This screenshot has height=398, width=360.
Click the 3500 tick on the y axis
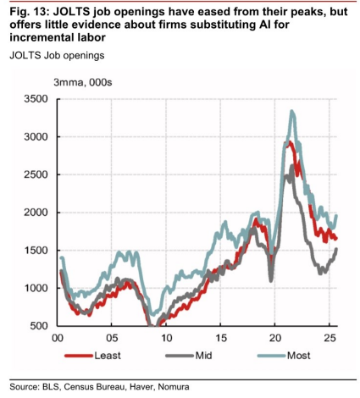pyautogui.click(x=36, y=99)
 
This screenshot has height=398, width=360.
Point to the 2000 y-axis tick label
pyautogui.click(x=36, y=213)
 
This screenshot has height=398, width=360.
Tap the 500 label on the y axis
pyautogui.click(x=38, y=326)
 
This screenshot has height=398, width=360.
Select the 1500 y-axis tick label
pyautogui.click(x=36, y=251)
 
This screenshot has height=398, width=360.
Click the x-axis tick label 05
pyautogui.click(x=112, y=338)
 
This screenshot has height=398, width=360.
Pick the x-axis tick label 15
pyautogui.click(x=221, y=338)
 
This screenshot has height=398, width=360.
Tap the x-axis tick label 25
pyautogui.click(x=330, y=338)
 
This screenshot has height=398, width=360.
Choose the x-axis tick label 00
pyautogui.click(x=58, y=338)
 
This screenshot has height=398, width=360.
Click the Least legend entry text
pyautogui.click(x=108, y=356)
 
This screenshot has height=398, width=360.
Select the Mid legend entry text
pyautogui.click(x=203, y=356)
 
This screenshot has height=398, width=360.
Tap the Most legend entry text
pyautogui.click(x=299, y=356)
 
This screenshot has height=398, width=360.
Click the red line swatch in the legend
pyautogui.click(x=79, y=356)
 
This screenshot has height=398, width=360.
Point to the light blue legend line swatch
pyautogui.click(x=272, y=356)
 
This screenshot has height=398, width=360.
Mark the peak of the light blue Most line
pyautogui.click(x=292, y=111)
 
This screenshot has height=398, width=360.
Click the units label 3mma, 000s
pyautogui.click(x=83, y=83)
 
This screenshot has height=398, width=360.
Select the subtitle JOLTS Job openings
pyautogui.click(x=57, y=56)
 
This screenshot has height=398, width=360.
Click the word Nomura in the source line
pyautogui.click(x=174, y=387)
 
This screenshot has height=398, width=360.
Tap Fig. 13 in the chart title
pyautogui.click(x=30, y=12)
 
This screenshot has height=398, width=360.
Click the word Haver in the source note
pyautogui.click(x=141, y=387)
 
